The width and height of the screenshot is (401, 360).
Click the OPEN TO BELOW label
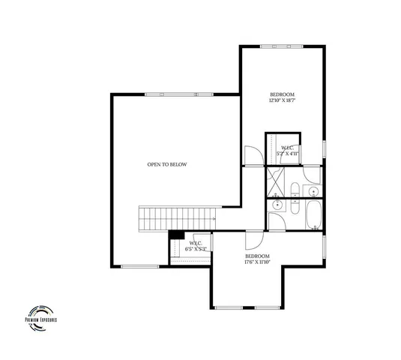(167, 164)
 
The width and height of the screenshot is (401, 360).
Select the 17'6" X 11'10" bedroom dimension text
(257, 262)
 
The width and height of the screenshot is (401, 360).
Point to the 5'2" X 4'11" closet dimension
(289, 153)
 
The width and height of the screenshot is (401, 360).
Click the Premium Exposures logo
(41, 315)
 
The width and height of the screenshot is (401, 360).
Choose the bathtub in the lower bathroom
(313, 214)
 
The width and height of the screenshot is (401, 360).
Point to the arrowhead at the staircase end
(215, 219)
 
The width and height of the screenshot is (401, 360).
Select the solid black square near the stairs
(175, 235)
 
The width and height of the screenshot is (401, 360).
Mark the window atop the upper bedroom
(282, 46)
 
